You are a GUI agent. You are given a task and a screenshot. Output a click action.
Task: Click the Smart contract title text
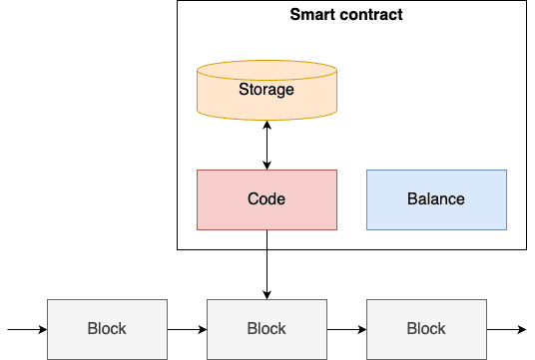pyautogui.click(x=345, y=15)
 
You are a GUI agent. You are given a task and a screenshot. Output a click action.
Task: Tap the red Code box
pyautogui.click(x=267, y=199)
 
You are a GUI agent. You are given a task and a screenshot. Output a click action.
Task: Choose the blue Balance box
pyautogui.click(x=436, y=199)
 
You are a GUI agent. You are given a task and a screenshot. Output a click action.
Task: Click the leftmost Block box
pyautogui.click(x=107, y=328)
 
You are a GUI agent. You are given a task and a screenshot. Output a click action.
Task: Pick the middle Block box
pyautogui.click(x=267, y=328)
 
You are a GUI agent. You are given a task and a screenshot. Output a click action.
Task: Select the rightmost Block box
pyautogui.click(x=426, y=328)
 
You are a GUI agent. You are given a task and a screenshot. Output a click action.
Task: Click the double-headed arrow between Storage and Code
pyautogui.click(x=267, y=145)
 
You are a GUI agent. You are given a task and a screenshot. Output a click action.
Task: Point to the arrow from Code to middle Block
pyautogui.click(x=267, y=263)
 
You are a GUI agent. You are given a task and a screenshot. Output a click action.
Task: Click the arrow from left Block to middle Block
pyautogui.click(x=187, y=328)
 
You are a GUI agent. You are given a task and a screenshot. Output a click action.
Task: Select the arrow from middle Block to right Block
pyautogui.click(x=346, y=328)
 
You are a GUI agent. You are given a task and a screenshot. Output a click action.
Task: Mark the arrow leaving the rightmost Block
pyautogui.click(x=506, y=328)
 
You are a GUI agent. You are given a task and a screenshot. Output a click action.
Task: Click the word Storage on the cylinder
pyautogui.click(x=267, y=90)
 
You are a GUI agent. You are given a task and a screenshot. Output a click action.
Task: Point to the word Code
pyautogui.click(x=267, y=199)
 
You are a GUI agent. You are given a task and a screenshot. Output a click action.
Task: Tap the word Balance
pyautogui.click(x=436, y=199)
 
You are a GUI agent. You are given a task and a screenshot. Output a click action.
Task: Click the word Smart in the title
pyautogui.click(x=312, y=15)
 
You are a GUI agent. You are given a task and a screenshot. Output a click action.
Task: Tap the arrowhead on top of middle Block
pyautogui.click(x=267, y=293)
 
